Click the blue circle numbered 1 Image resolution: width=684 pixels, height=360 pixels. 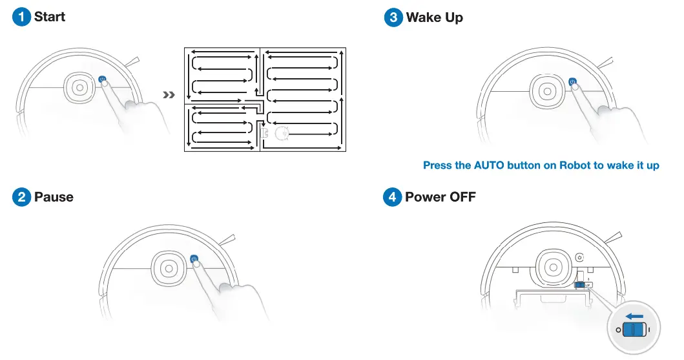point(21,17)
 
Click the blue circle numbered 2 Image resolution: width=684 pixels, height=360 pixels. point(21,196)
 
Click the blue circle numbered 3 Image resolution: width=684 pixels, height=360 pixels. point(393,17)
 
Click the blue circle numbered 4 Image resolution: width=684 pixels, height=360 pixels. point(393,196)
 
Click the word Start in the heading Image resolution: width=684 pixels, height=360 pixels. point(50,17)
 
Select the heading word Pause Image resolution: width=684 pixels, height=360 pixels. point(54,196)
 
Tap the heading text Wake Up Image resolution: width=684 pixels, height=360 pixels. point(434,17)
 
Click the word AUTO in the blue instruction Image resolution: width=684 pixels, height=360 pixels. point(489,165)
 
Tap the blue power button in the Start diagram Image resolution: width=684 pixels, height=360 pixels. point(101,79)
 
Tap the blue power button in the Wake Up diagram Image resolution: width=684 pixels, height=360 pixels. point(572,81)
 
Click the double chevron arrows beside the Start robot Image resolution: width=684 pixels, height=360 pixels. point(169,95)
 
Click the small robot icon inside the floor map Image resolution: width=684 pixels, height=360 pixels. point(282,133)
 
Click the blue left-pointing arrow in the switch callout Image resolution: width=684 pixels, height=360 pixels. point(634,316)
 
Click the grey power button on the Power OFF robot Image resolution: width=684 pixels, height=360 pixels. point(579,257)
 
